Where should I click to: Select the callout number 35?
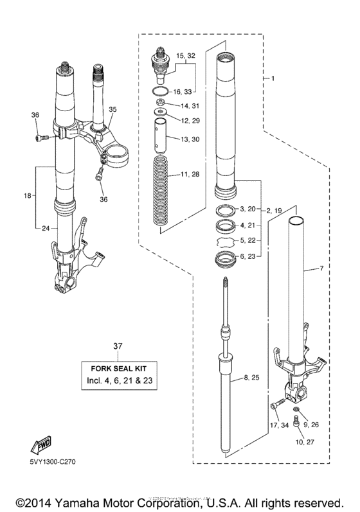point(113,110)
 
